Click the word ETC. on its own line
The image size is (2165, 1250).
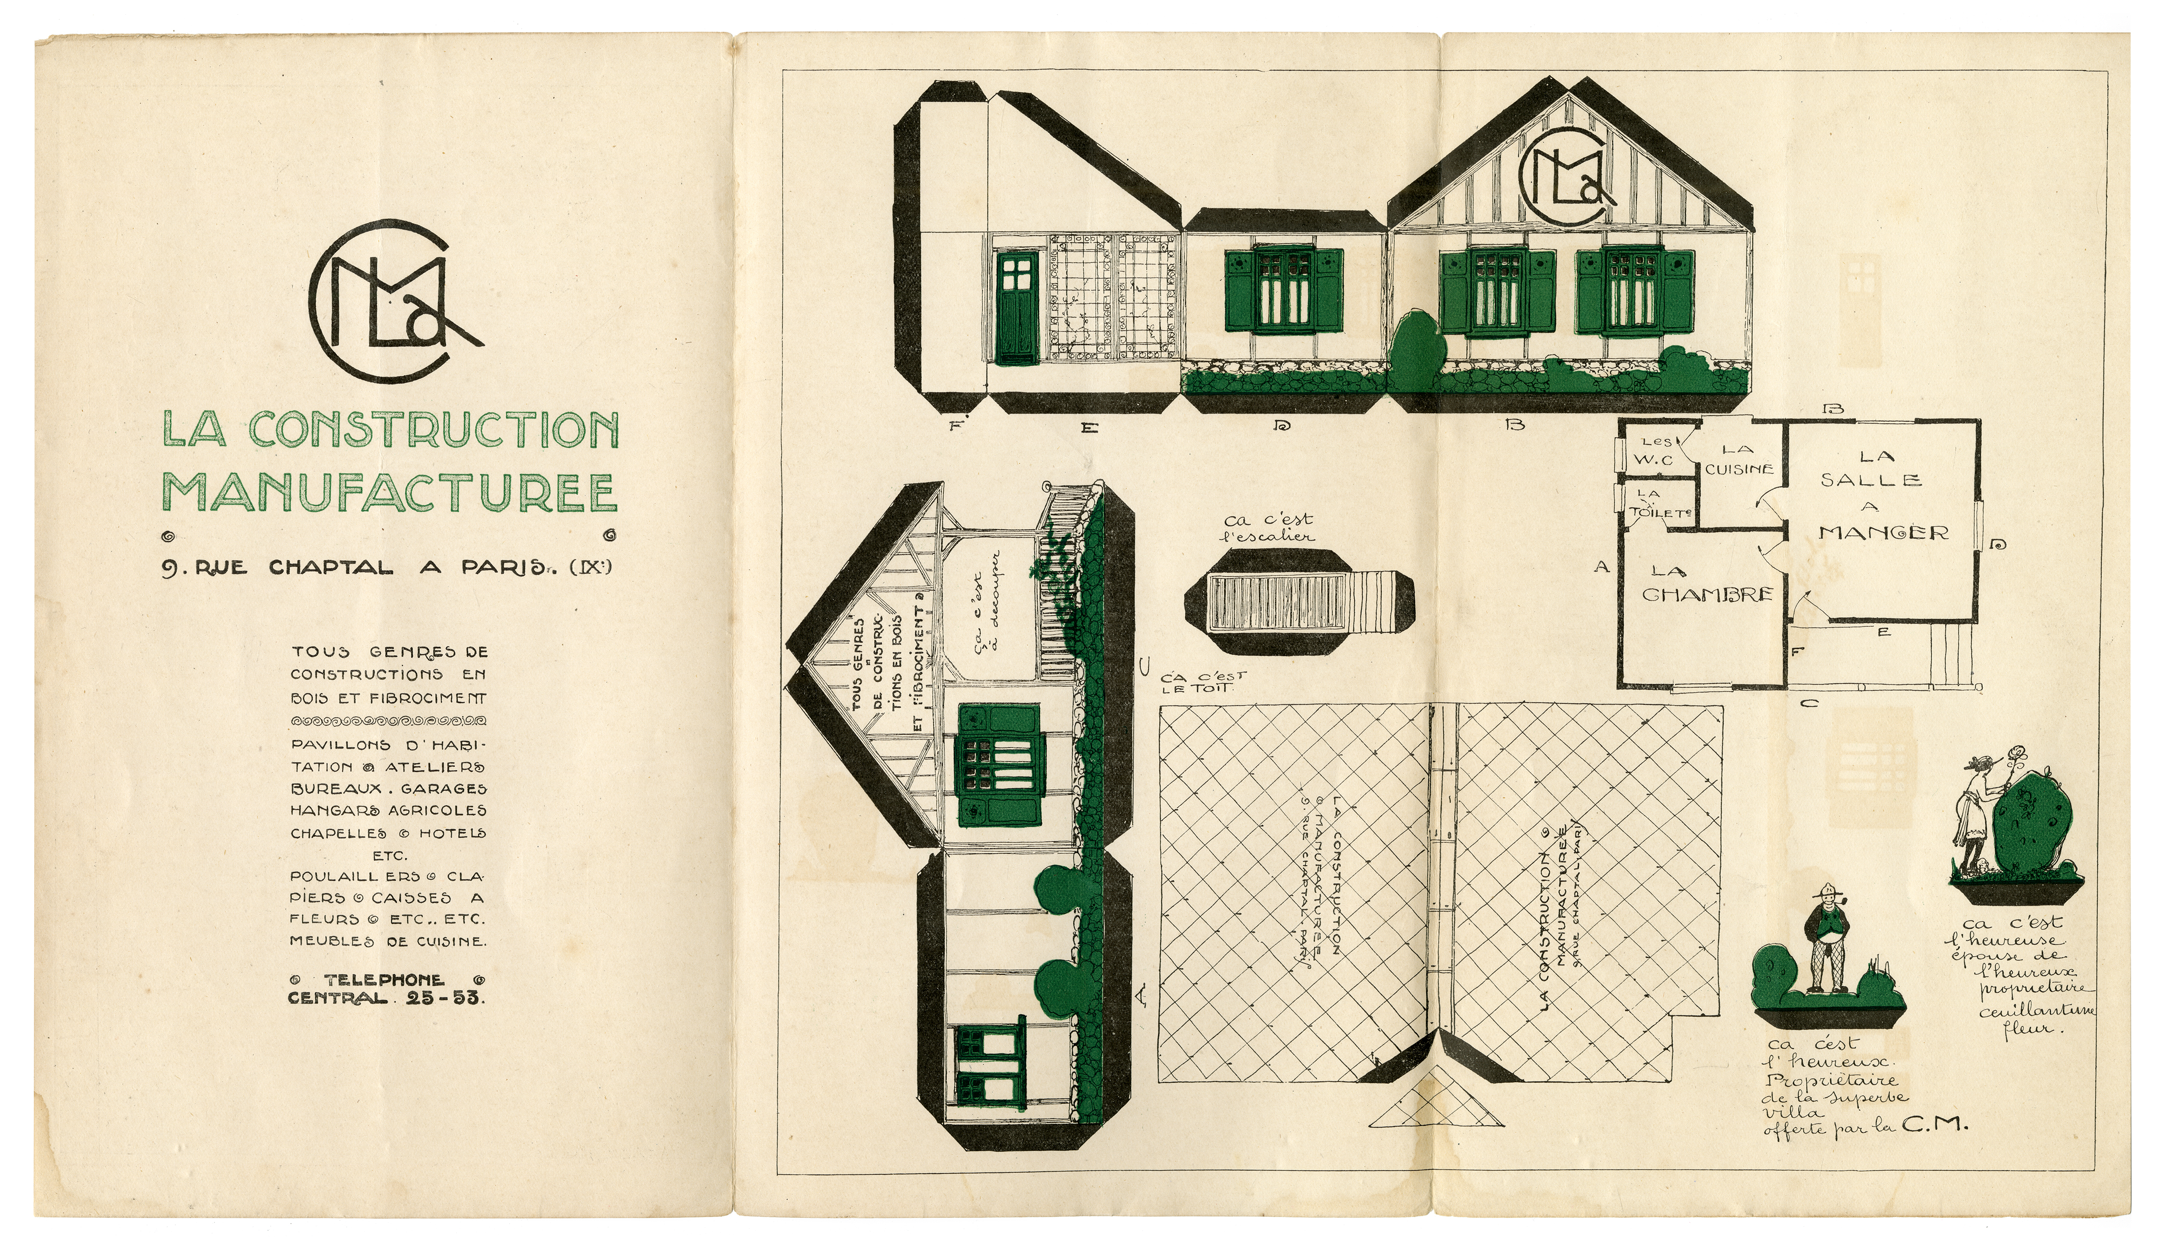(x=389, y=855)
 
